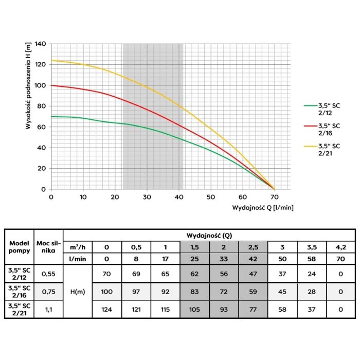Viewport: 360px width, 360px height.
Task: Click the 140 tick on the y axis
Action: [41, 44]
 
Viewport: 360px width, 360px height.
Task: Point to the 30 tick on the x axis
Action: [147, 197]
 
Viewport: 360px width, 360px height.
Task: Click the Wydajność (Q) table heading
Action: [208, 236]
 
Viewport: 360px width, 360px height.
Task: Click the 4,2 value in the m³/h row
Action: [340, 246]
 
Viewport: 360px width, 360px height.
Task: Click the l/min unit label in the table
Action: [77, 258]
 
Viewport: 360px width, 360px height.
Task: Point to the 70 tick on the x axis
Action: [275, 197]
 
